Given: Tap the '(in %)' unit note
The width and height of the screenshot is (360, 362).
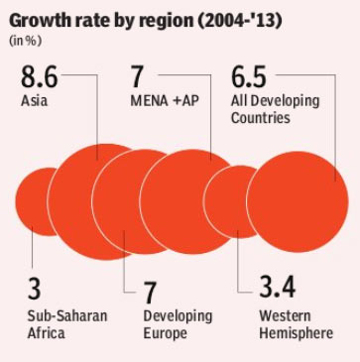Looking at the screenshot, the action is point(26,42).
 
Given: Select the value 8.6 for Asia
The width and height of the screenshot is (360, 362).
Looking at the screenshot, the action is point(40,77).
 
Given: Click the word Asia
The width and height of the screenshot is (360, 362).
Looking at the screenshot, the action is point(34,101).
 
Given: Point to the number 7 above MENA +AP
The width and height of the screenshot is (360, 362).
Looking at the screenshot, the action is point(138,77).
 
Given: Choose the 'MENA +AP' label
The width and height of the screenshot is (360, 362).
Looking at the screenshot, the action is point(165,101).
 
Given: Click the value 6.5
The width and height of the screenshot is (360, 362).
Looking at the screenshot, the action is point(249,77).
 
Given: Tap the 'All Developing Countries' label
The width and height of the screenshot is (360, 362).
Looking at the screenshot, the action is point(275,109).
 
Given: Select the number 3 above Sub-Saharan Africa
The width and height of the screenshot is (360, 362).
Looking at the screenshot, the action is point(34,290).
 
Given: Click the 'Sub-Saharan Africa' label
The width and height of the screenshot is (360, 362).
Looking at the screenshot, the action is point(67,324).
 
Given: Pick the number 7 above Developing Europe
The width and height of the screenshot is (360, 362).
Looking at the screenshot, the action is point(150,293).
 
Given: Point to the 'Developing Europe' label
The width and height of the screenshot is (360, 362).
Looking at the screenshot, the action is point(178,324).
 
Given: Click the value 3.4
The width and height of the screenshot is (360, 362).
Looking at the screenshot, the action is point(277,288).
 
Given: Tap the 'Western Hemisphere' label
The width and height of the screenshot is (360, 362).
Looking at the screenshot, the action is point(296,324).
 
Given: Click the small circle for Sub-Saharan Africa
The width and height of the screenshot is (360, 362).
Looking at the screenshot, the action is point(32,201).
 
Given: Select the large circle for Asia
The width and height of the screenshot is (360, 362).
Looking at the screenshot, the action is point(71,201).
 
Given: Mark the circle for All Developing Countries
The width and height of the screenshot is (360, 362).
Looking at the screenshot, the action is point(298,201).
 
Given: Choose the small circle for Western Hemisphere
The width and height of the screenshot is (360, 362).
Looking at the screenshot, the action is point(225,201).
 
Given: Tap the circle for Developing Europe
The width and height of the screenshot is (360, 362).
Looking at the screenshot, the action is point(116,201).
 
